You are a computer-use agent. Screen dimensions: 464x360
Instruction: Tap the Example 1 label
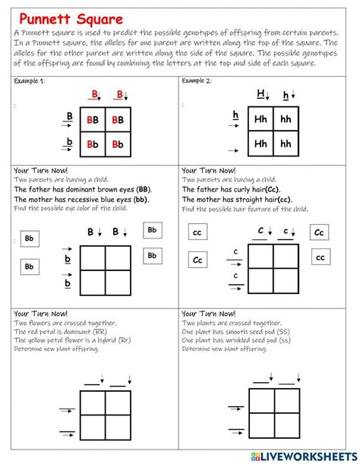30,80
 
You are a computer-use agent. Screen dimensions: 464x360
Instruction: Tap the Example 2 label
197,80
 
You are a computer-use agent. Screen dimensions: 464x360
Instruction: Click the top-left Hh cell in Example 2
261,119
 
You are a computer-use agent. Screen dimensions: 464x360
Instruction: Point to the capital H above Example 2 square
261,94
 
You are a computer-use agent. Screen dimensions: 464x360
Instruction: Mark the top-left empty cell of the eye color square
94,259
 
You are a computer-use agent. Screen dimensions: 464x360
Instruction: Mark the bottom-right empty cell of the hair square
286,283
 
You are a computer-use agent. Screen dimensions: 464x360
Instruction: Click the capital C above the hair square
261,231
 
